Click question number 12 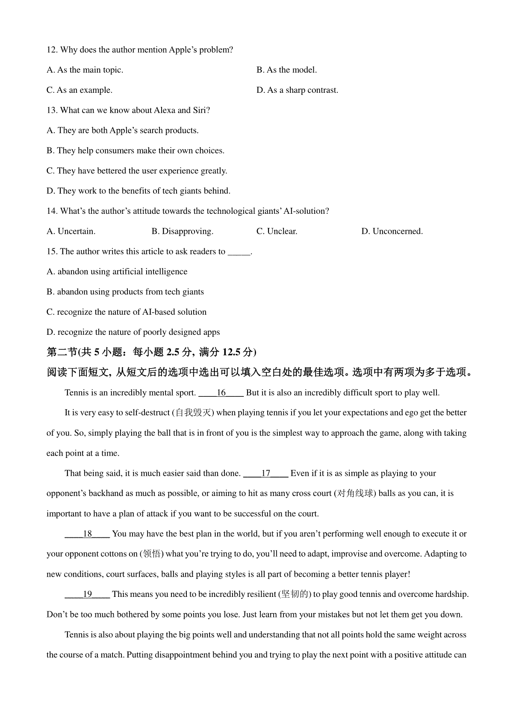click(x=52, y=50)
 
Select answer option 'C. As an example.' click(x=80, y=90)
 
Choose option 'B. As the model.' click(x=286, y=70)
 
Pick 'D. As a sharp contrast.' click(x=297, y=90)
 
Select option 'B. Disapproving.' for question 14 click(x=182, y=231)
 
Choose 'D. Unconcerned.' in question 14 click(x=392, y=231)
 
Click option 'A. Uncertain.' click(x=71, y=231)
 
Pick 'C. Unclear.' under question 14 click(x=277, y=231)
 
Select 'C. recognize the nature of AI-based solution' click(x=127, y=312)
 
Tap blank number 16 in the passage click(x=221, y=393)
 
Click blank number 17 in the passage click(x=265, y=473)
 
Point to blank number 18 click(x=87, y=534)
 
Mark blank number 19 click(x=87, y=594)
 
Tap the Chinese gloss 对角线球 click(x=354, y=493)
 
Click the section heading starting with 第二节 click(x=151, y=352)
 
